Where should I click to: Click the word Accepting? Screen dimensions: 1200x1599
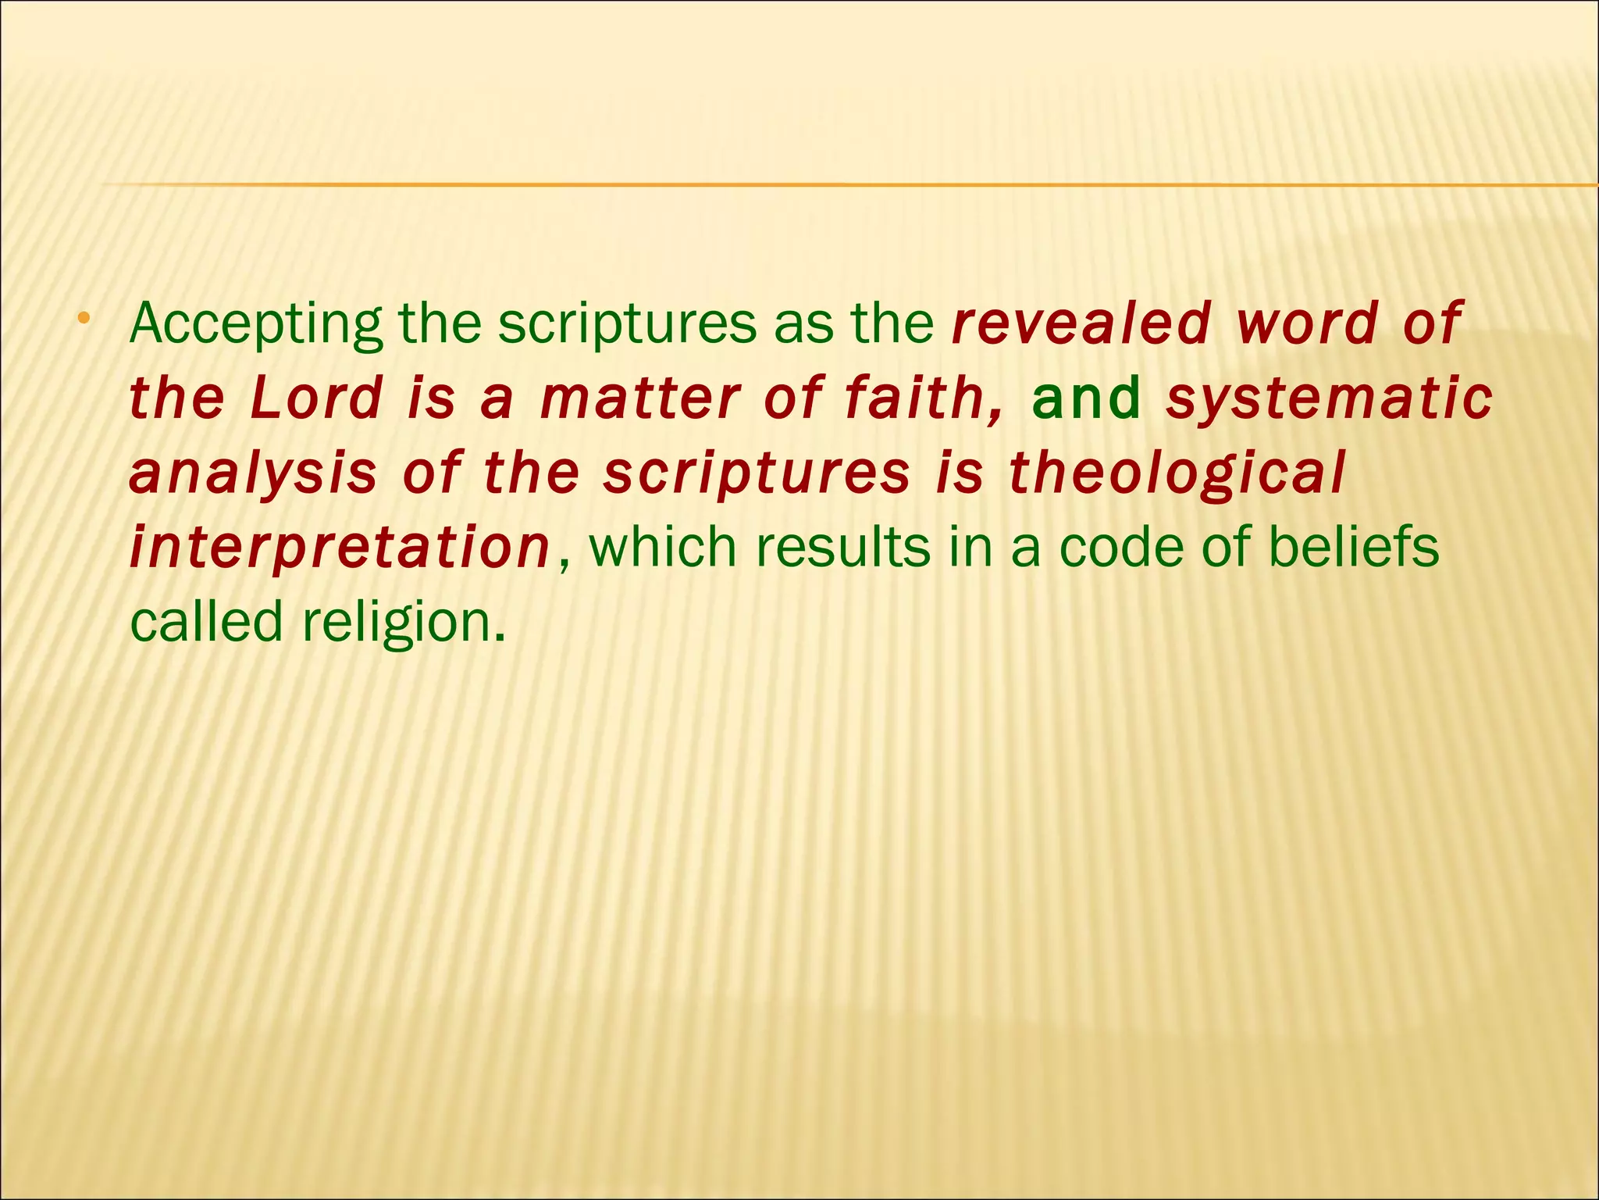(256, 324)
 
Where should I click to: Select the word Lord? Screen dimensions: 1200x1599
(317, 398)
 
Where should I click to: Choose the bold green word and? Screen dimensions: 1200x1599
(1087, 398)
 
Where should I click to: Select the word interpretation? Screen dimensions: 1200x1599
(340, 548)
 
